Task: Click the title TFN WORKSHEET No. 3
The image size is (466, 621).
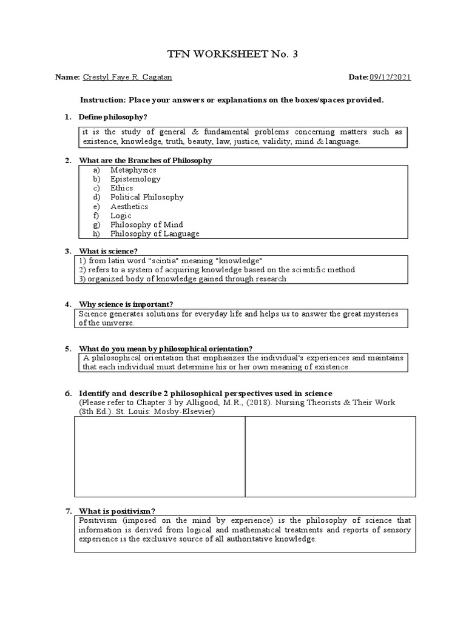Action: tap(233, 55)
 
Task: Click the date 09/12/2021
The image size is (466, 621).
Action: tap(393, 78)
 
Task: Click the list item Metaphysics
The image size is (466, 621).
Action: tap(133, 170)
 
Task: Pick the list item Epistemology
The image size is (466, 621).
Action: tap(135, 179)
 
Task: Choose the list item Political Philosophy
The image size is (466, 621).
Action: tap(147, 197)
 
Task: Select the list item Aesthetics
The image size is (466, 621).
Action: tap(129, 206)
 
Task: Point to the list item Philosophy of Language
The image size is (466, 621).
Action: tap(155, 233)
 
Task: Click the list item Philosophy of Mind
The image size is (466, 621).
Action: tap(147, 224)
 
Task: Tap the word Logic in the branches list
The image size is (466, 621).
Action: tap(121, 215)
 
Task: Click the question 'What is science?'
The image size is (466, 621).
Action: tap(109, 250)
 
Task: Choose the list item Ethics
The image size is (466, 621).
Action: tap(122, 188)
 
